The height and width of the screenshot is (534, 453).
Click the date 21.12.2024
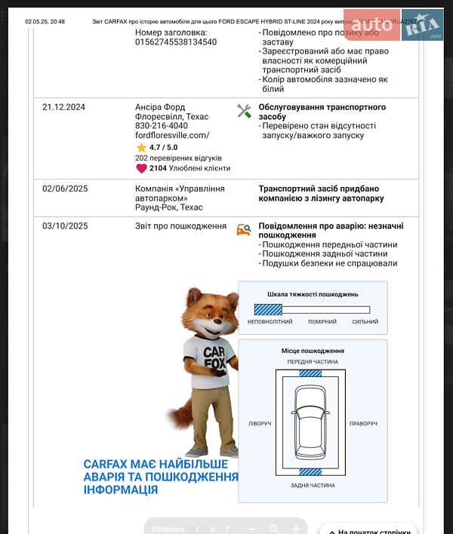coord(63,107)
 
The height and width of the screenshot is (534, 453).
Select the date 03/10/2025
coord(65,226)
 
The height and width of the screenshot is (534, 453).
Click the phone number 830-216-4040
coord(162,126)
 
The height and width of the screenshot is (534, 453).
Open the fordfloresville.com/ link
coord(172,135)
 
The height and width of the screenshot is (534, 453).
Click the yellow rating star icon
coord(141,148)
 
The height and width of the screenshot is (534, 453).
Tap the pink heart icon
coord(141,168)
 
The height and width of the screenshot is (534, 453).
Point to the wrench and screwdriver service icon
coord(244,111)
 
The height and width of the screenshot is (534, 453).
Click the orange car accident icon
coord(243,229)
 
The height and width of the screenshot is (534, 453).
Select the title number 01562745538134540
coord(176,42)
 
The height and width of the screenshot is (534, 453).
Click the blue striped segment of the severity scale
coord(268,309)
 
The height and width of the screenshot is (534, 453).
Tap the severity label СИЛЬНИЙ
coord(365,322)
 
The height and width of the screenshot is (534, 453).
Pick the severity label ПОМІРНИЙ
coord(322,322)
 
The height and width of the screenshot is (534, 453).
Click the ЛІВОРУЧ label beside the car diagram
coord(260,424)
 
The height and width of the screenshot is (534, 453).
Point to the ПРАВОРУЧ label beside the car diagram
coord(363,424)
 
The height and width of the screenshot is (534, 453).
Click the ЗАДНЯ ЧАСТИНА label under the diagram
coord(313,486)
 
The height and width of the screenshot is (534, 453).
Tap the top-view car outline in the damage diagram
coord(312,424)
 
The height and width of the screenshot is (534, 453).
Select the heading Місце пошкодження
coord(313,351)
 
